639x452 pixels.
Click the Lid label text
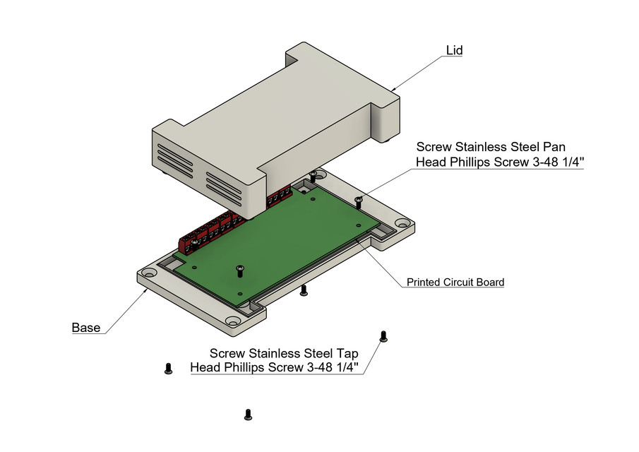coord(454,51)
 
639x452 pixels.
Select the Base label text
coord(85,328)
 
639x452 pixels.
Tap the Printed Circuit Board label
coord(455,282)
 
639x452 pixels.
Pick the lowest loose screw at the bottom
coord(248,415)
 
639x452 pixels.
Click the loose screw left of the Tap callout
coord(168,367)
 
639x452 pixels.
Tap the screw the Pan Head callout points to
coord(359,202)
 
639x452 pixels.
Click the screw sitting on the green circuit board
coord(240,268)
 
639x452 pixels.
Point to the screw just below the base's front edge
coord(304,290)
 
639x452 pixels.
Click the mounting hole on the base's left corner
coord(149,273)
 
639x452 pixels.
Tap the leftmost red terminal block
coord(191,243)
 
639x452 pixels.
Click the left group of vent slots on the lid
coord(173,160)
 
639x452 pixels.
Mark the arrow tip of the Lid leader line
coord(393,90)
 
